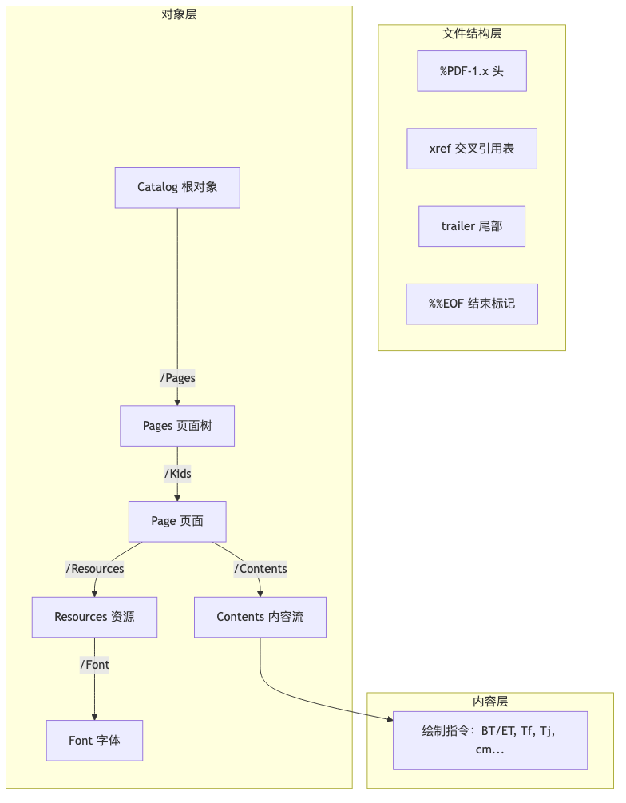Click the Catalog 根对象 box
[177, 187]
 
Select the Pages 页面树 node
[177, 426]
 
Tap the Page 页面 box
[177, 521]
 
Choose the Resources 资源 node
[94, 617]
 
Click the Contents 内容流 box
[260, 617]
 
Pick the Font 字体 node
[94, 741]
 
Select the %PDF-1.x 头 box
[472, 71]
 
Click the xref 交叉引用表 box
[472, 149]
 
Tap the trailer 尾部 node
[472, 226]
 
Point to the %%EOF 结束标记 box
[472, 304]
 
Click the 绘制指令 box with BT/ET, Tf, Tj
[490, 741]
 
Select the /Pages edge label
[177, 378]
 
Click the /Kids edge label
[177, 474]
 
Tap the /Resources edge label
[95, 569]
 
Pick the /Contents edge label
[260, 569]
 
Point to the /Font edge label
[94, 665]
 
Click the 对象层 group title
[179, 14]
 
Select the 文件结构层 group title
[472, 34]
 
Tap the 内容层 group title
[490, 702]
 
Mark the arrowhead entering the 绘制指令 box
[390, 721]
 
